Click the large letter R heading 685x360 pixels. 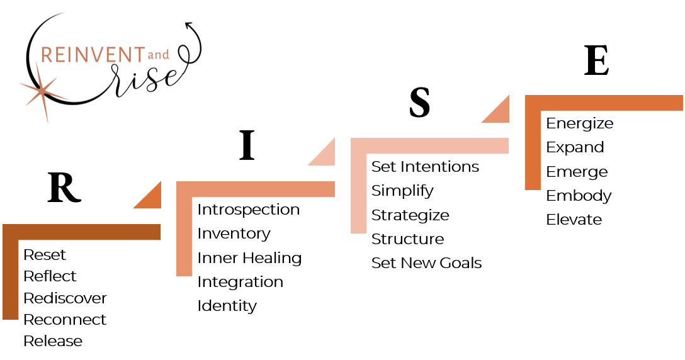64,188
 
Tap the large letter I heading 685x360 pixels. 247,145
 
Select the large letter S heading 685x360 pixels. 419,102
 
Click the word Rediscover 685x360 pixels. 65,298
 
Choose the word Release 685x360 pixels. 53,340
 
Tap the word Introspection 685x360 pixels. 249,210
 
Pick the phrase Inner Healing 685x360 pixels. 249,258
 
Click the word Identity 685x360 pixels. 227,306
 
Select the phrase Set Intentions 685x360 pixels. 425,166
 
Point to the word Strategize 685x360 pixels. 410,215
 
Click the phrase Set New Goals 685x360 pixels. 426,263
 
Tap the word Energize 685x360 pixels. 580,123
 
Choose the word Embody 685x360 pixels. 579,196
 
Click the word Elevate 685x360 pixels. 574,219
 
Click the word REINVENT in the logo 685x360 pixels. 93,55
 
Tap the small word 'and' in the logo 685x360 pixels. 158,55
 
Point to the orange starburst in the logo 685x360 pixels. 43,91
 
